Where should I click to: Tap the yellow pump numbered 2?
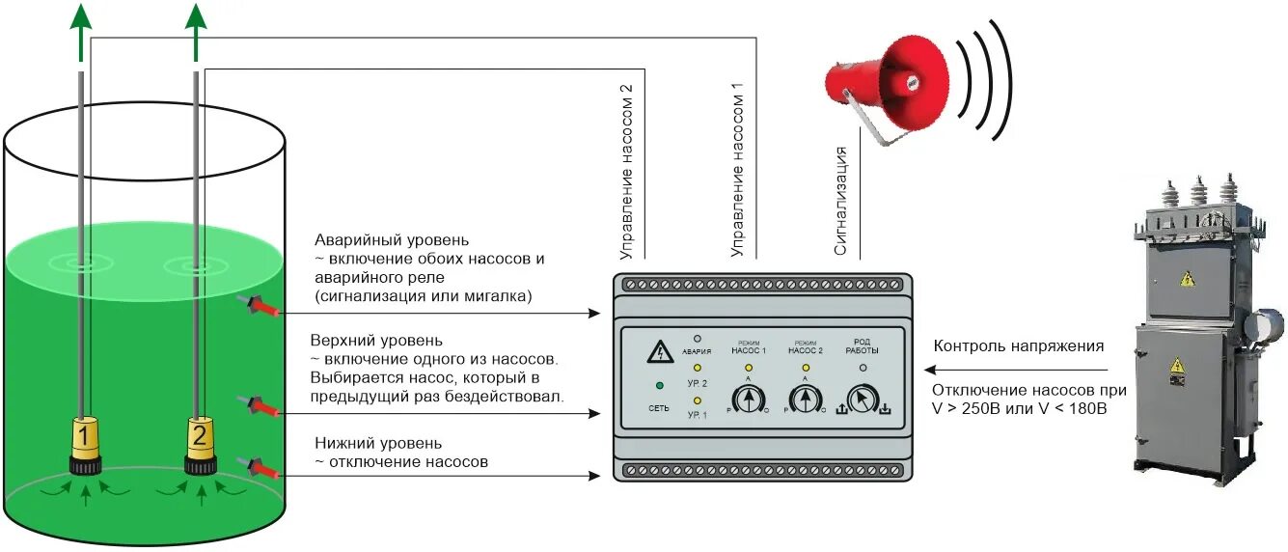(x=200, y=440)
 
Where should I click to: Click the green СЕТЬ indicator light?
(x=658, y=387)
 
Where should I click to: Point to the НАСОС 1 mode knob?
(x=748, y=398)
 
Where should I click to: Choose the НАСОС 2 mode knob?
(x=805, y=398)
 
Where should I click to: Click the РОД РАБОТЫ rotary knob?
(x=863, y=398)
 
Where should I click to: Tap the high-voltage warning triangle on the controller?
(x=660, y=352)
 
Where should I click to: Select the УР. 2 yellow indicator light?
(x=697, y=369)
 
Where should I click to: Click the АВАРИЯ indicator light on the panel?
(x=697, y=340)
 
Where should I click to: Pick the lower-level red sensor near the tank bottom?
(x=263, y=469)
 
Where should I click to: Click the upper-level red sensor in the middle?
(x=263, y=404)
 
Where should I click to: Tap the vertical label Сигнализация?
(x=840, y=201)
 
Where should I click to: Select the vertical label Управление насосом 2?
(x=626, y=172)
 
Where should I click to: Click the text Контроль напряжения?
(x=1018, y=346)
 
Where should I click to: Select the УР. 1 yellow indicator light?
(x=697, y=399)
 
